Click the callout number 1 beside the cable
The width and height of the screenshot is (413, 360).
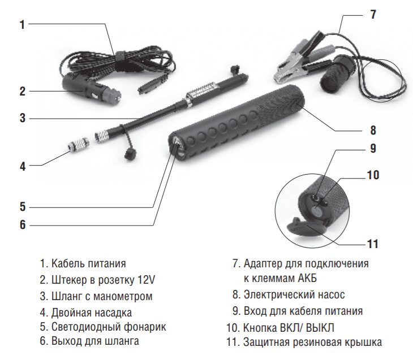point(23,25)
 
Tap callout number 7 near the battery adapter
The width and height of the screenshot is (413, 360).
point(373,14)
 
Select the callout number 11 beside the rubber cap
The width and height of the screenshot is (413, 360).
point(372,244)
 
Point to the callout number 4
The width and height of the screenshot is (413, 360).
point(23,167)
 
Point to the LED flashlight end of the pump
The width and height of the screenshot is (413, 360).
point(177,146)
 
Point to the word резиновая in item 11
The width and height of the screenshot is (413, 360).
point(316,342)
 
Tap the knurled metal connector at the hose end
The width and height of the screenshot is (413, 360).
point(101,136)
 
